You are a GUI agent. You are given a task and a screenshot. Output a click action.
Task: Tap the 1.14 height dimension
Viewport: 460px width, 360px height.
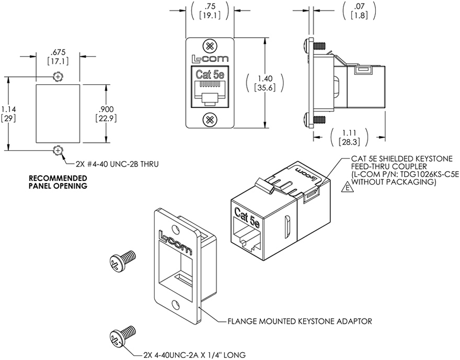click(x=8, y=113)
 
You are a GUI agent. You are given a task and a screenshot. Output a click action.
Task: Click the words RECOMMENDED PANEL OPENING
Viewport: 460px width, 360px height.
click(x=58, y=182)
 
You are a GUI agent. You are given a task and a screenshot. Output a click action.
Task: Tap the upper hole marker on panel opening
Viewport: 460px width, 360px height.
click(x=57, y=77)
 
